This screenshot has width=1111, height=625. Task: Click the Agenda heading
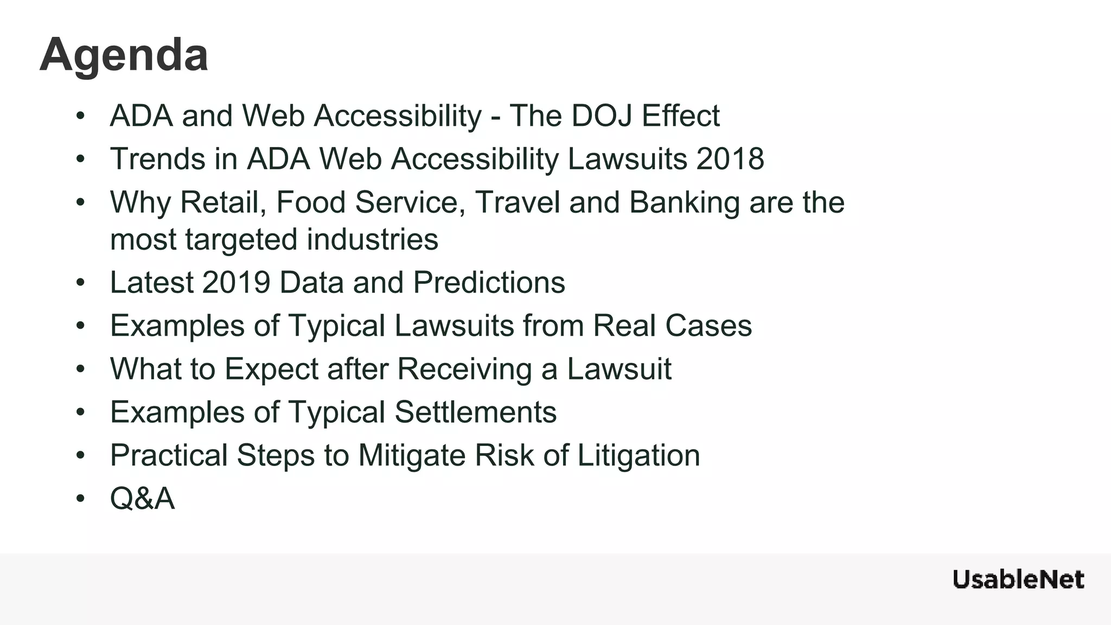coord(124,55)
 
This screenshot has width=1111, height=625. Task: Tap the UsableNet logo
coord(1018,579)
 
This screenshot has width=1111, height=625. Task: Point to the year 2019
coord(236,283)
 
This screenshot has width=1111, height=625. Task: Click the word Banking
coord(685,202)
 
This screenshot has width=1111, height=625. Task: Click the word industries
coord(372,240)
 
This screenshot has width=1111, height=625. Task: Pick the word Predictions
coord(489,283)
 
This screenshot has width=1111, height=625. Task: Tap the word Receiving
coord(464,369)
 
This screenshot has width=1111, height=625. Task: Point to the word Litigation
coord(638,455)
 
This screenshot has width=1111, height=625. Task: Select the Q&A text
coord(142,498)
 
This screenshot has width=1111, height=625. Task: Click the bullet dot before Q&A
coord(81,498)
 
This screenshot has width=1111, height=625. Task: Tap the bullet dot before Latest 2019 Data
coord(81,283)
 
